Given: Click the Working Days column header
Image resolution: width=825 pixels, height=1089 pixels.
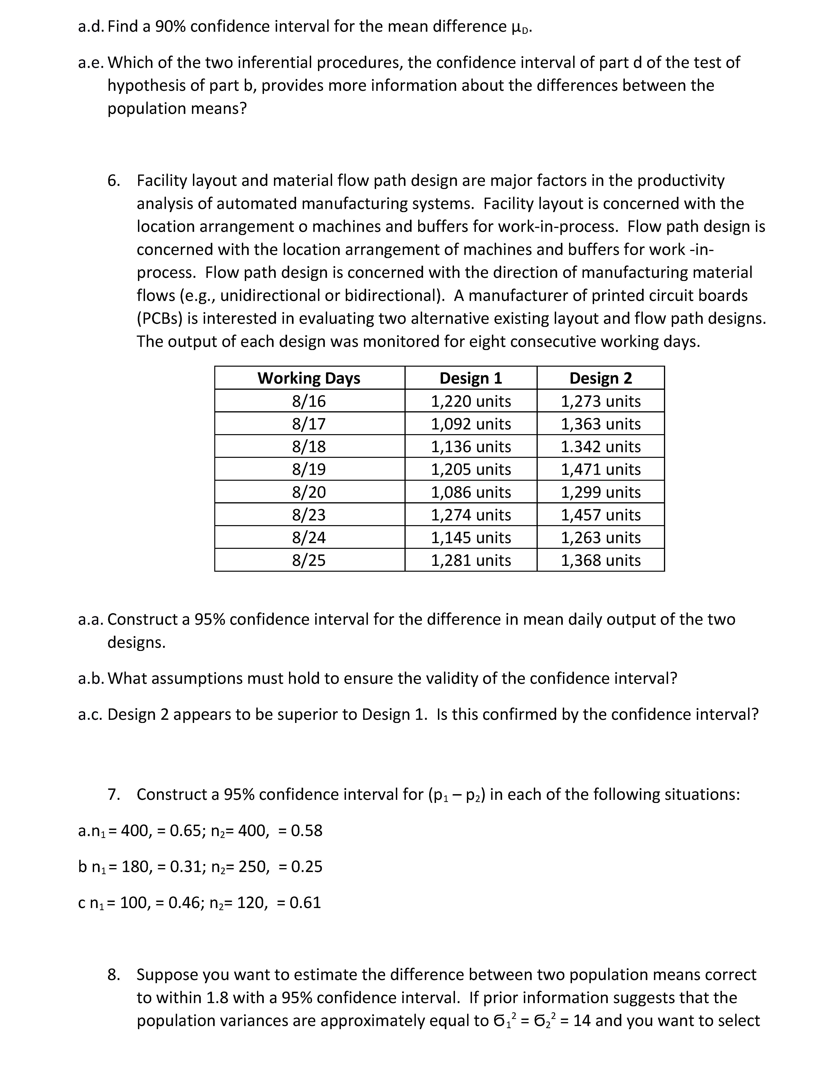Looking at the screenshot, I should (x=309, y=378).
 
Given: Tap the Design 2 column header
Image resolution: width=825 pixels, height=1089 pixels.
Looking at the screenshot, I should (x=600, y=378).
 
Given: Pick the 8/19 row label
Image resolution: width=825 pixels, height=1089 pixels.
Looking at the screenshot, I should (x=309, y=469).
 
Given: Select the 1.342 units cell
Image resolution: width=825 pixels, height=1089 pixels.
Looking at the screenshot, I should (x=600, y=446).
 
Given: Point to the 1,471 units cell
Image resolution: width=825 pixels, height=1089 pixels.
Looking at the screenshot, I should (x=600, y=469).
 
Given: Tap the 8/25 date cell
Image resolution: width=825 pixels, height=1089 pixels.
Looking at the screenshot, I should (x=309, y=560).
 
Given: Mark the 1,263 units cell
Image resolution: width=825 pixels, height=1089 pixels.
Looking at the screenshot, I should (x=600, y=538).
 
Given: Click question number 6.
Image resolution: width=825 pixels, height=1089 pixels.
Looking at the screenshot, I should (x=113, y=181).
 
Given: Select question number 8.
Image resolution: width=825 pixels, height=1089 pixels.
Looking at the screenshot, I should (x=113, y=975).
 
